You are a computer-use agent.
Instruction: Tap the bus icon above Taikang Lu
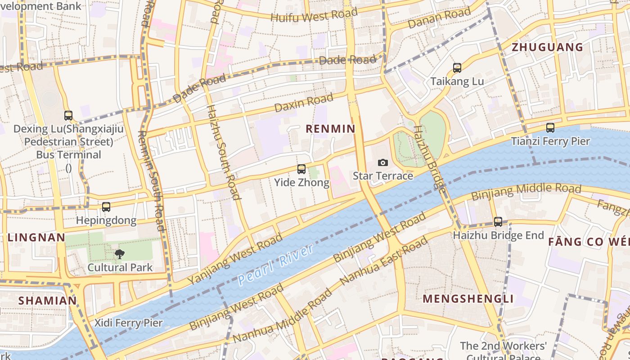[x=457, y=68]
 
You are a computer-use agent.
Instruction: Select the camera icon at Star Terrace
[x=382, y=162]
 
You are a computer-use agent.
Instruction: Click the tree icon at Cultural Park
[x=120, y=254]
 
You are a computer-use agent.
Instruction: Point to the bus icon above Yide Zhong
[x=301, y=169]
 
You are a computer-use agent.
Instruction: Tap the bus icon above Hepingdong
[x=106, y=207]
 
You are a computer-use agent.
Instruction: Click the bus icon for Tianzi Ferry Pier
[x=550, y=128]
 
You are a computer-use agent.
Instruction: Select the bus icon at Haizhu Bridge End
[x=498, y=222]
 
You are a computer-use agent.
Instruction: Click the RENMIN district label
[x=330, y=129]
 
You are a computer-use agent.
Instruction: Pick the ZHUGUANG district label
[x=547, y=47]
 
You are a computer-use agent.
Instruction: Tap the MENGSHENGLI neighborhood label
[x=468, y=299]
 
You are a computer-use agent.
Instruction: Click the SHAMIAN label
[x=47, y=301]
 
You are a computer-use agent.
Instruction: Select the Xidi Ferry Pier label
[x=128, y=323]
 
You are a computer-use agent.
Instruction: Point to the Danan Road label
[x=439, y=18]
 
